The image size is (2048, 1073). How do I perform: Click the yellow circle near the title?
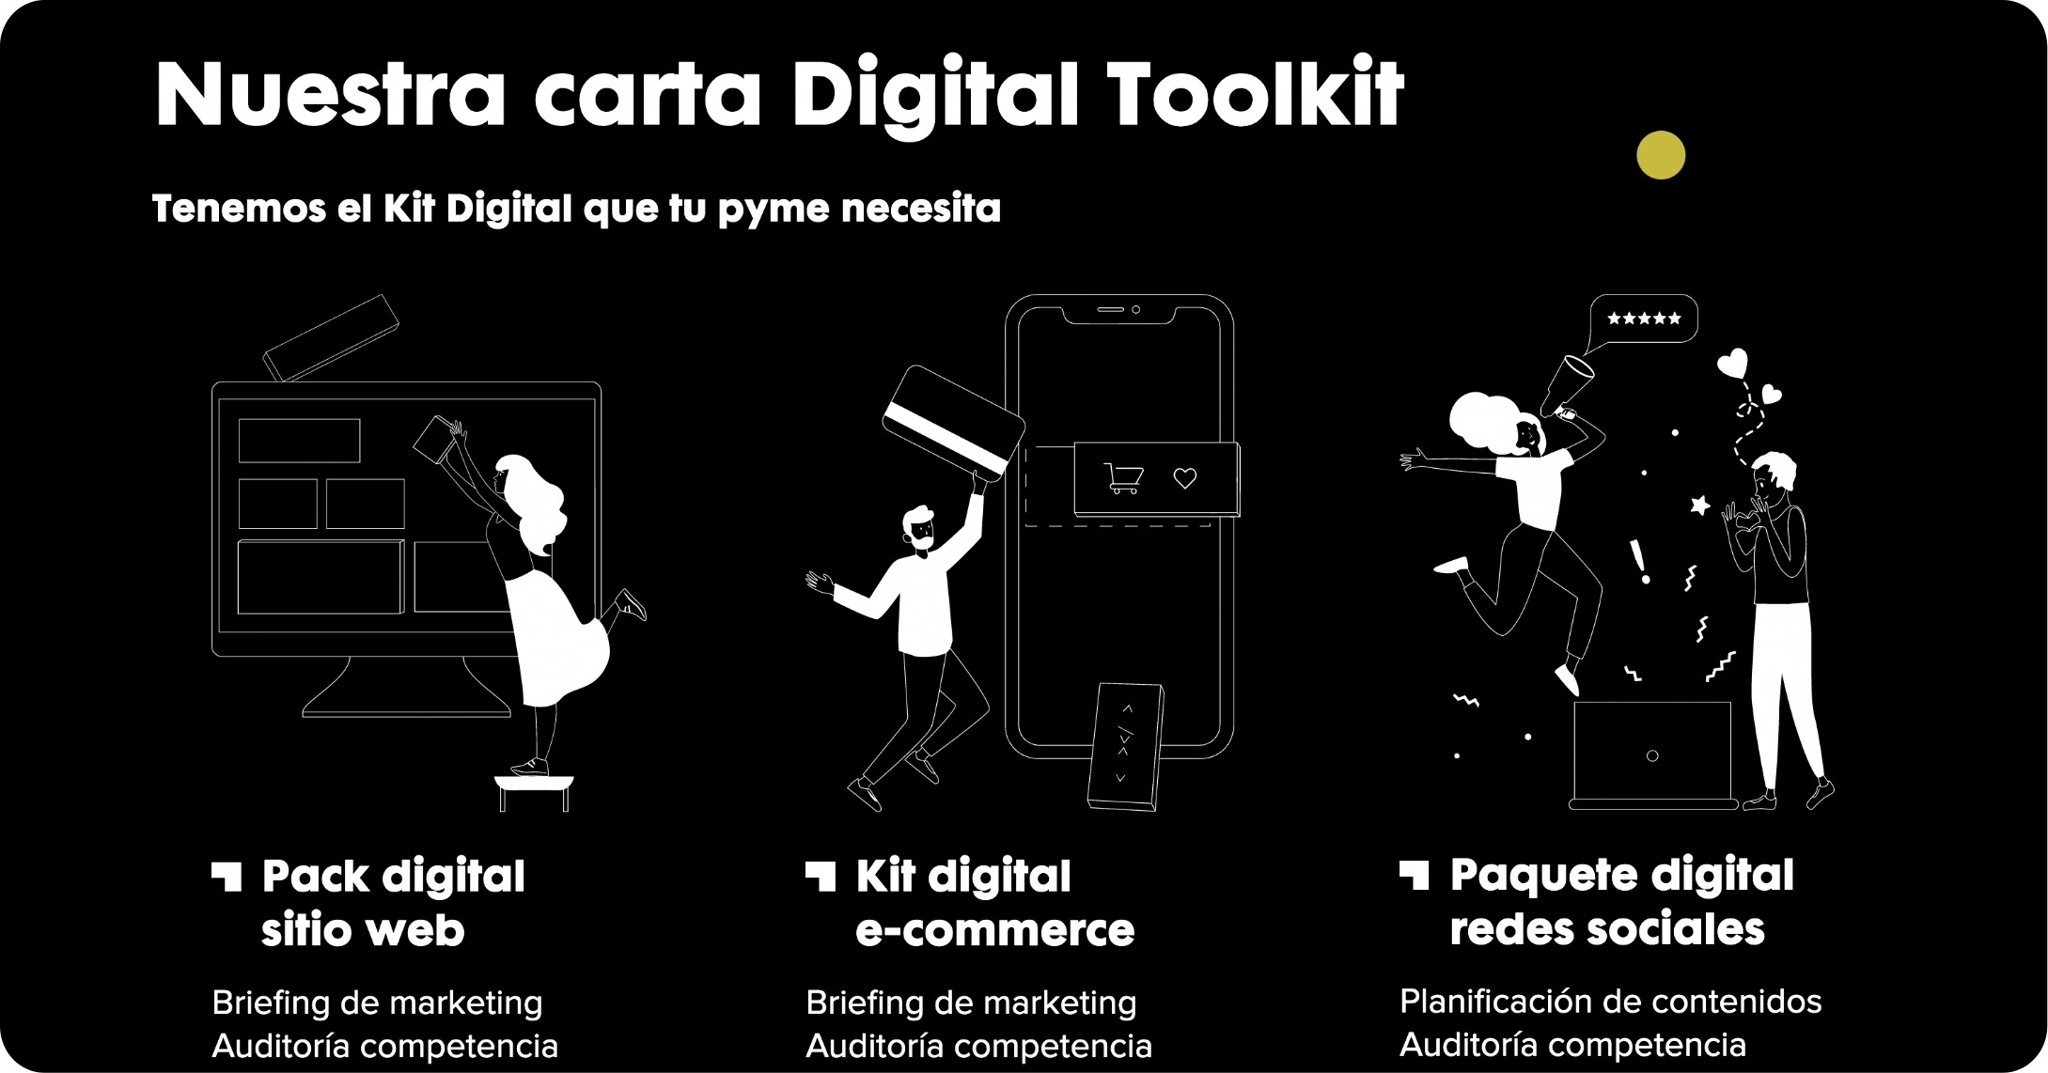point(1661,155)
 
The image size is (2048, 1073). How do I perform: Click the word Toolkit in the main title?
point(1256,94)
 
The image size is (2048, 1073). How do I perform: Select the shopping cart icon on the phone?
point(1123,478)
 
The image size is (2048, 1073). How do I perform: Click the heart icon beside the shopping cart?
point(1185,478)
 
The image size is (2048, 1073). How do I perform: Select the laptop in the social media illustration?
point(1652,755)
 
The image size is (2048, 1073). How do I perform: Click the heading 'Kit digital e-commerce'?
point(994,903)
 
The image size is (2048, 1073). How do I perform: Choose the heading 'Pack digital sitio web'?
point(393,903)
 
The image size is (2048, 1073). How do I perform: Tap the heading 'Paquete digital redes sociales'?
point(1621,902)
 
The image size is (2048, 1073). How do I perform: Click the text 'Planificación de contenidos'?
point(1610,1002)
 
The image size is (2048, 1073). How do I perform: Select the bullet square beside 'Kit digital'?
point(821,876)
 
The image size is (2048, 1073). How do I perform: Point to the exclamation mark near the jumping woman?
point(1639,562)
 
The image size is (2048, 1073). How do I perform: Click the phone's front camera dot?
point(1135,309)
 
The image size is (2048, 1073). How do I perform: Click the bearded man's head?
point(919,529)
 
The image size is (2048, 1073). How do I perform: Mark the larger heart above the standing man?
point(1732,363)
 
